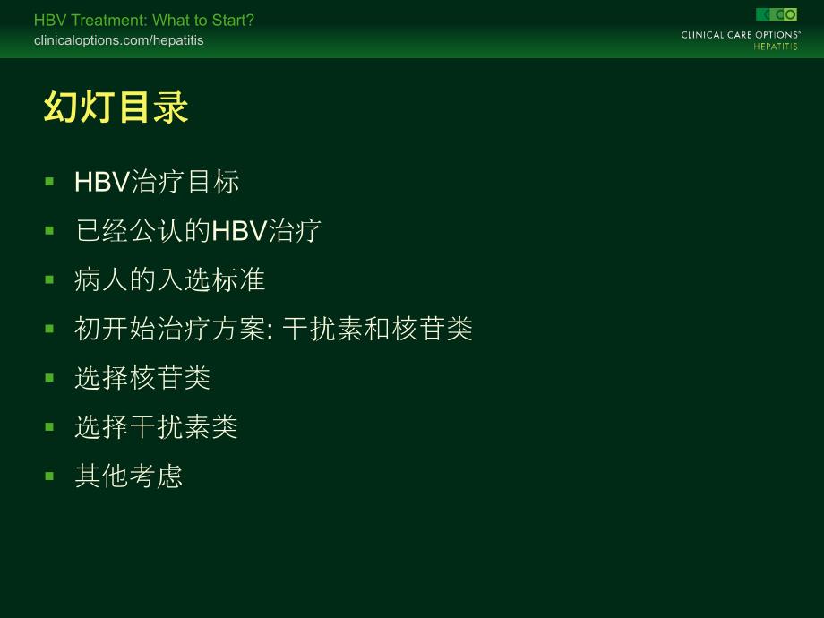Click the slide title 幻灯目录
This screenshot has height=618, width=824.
point(116,108)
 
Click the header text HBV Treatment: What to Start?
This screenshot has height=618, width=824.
point(143,21)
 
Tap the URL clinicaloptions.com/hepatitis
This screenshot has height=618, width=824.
point(118,40)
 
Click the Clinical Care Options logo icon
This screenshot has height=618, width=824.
point(776,14)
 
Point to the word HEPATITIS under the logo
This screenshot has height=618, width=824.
point(775,47)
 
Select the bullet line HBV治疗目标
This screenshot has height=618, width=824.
point(157,182)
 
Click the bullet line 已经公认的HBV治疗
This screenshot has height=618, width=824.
point(198,230)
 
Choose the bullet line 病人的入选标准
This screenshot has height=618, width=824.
point(169,279)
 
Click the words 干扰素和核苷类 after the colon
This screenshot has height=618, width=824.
point(377,329)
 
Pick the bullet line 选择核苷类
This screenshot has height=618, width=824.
point(142,377)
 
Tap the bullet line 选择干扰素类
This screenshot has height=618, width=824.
point(156,426)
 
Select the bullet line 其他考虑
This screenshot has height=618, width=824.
point(129,475)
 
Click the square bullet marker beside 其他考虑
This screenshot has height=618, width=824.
point(49,475)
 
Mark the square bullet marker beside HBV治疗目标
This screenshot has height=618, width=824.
point(49,182)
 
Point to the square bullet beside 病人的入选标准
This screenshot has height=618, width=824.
point(49,279)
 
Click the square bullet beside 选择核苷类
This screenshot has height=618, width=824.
point(49,377)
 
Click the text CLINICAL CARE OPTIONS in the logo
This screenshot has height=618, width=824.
point(740,35)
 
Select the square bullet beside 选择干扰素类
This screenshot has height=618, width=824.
point(49,426)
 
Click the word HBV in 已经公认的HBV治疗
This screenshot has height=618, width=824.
point(238,230)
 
